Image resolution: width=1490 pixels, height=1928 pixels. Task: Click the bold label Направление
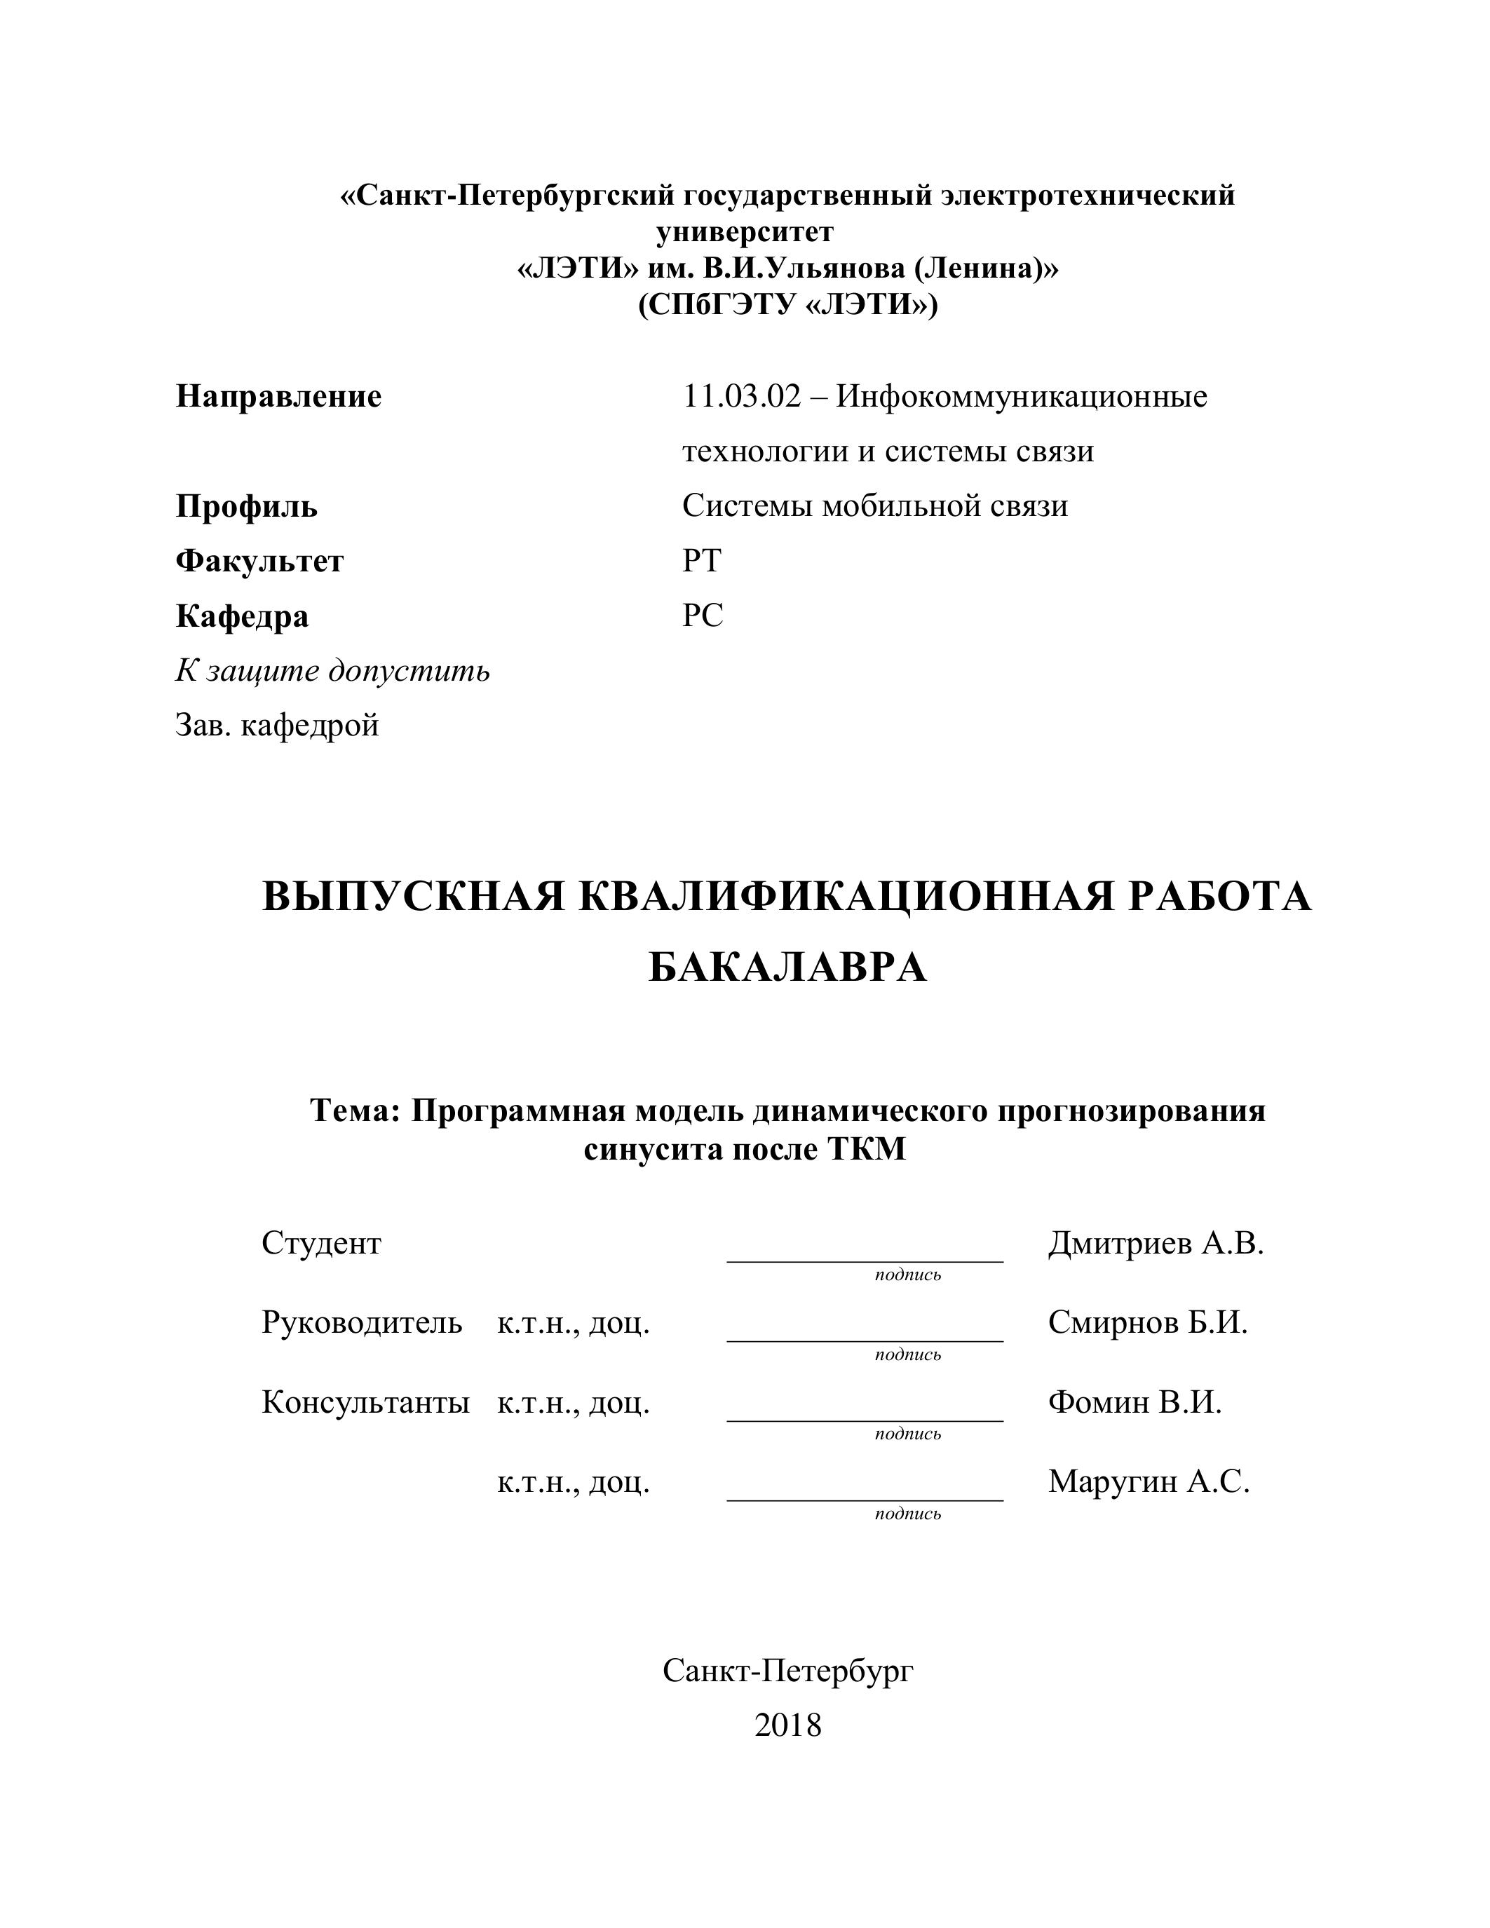[278, 396]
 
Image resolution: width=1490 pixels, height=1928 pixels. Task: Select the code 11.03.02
[741, 396]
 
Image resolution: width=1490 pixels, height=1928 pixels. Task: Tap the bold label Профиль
[246, 507]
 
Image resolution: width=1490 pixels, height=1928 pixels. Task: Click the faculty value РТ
[702, 561]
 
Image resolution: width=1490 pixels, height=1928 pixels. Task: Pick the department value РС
[703, 616]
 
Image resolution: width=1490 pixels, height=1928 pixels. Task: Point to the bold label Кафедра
[242, 616]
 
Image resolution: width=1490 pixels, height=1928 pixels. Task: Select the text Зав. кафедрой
[277, 726]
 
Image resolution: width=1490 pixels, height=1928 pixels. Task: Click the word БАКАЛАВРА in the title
[787, 968]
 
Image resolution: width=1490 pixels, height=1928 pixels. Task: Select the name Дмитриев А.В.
[1156, 1244]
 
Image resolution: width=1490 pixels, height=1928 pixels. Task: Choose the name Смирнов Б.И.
[1148, 1322]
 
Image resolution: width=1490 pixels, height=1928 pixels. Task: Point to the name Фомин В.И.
[1135, 1402]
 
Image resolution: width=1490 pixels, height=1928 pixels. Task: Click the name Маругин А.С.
[1149, 1481]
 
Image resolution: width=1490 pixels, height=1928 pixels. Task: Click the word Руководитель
[361, 1322]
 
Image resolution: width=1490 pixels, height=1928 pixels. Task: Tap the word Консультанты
[365, 1402]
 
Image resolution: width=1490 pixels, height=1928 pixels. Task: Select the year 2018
[787, 1724]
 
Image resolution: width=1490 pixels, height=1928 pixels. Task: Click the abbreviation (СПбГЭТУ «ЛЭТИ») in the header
[787, 304]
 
